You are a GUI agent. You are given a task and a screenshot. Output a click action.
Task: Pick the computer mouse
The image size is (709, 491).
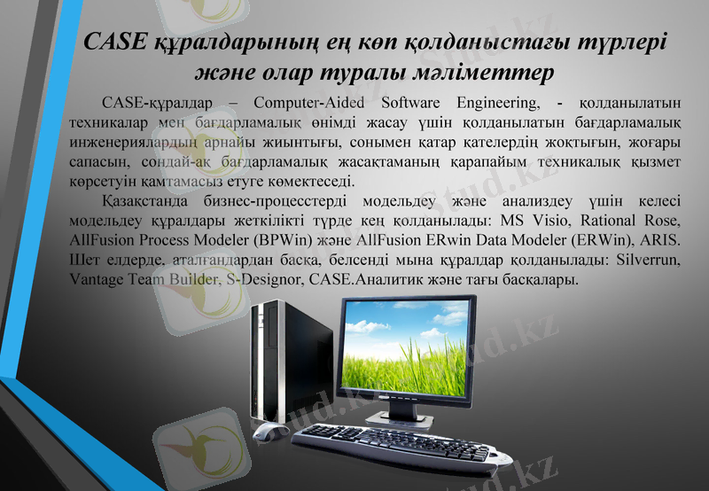pos(266,431)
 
